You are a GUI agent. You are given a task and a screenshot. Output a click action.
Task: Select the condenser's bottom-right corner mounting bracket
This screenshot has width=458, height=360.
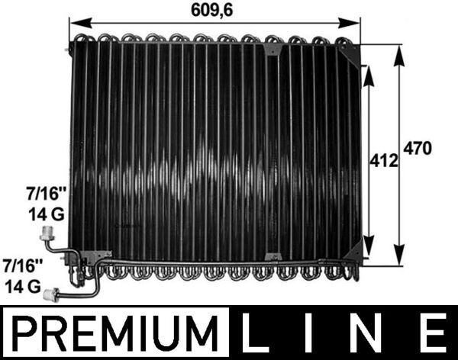[x=353, y=254]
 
